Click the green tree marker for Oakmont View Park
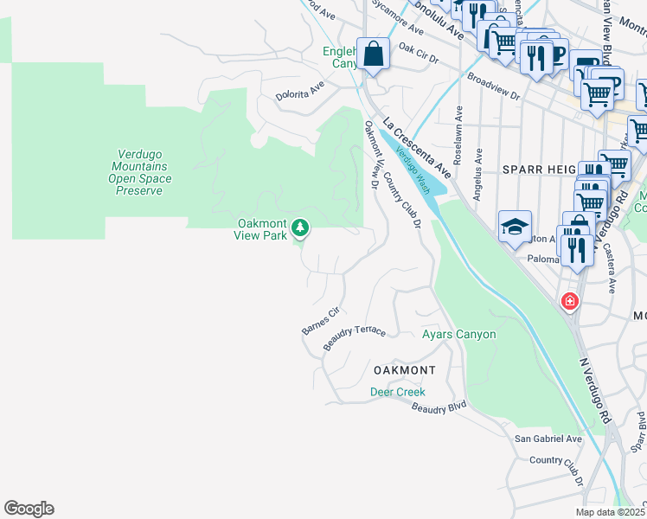[300, 228]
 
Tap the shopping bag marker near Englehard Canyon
[374, 54]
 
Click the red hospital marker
[569, 301]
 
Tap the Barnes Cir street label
[320, 321]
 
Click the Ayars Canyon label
[458, 334]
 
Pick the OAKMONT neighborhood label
[404, 370]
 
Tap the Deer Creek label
[398, 392]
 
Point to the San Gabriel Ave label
[548, 439]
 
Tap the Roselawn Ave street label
[458, 135]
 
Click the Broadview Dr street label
[493, 86]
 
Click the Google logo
[29, 509]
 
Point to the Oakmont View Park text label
[263, 228]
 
